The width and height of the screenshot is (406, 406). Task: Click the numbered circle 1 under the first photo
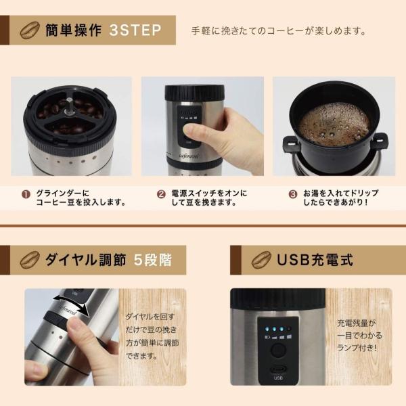click(26, 194)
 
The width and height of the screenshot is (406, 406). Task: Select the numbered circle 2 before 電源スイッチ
click(161, 194)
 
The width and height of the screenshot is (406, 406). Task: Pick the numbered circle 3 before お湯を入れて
click(292, 194)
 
